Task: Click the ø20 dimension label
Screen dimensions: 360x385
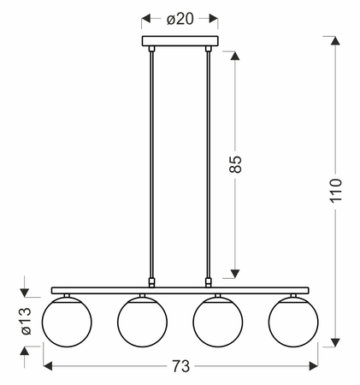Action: point(180,19)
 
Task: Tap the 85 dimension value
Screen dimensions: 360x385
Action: point(235,164)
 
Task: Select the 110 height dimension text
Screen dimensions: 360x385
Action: point(335,191)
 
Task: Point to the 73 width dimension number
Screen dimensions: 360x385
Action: point(180,366)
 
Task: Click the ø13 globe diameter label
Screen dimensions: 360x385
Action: point(26,321)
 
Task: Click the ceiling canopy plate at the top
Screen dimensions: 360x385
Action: point(180,41)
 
